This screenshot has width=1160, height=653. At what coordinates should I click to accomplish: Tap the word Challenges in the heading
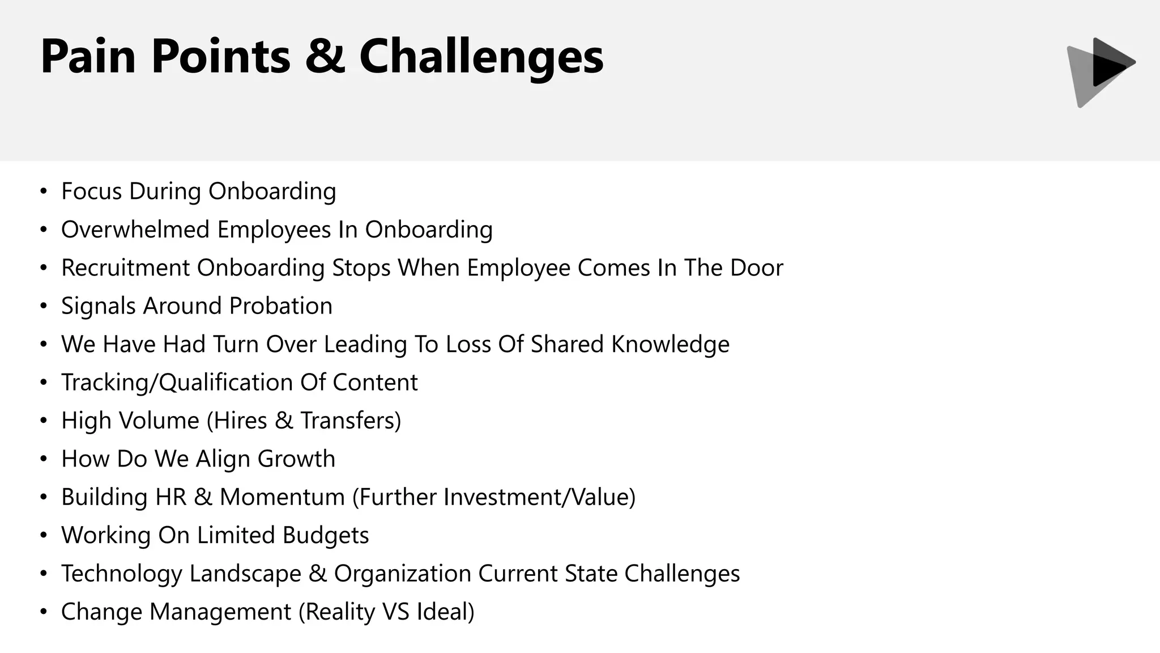tap(481, 57)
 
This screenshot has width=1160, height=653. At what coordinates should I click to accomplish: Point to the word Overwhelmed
tap(135, 230)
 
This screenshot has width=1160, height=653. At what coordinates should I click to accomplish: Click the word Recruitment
tap(125, 268)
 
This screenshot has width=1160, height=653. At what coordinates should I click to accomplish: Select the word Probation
tap(280, 306)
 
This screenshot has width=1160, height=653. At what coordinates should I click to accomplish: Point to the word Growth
tap(296, 459)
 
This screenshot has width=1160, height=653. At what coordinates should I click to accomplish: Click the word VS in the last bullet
tap(396, 612)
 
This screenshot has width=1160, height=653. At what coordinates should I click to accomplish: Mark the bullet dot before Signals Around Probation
tap(44, 306)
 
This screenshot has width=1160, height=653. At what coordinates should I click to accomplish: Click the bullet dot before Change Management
tap(44, 612)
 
